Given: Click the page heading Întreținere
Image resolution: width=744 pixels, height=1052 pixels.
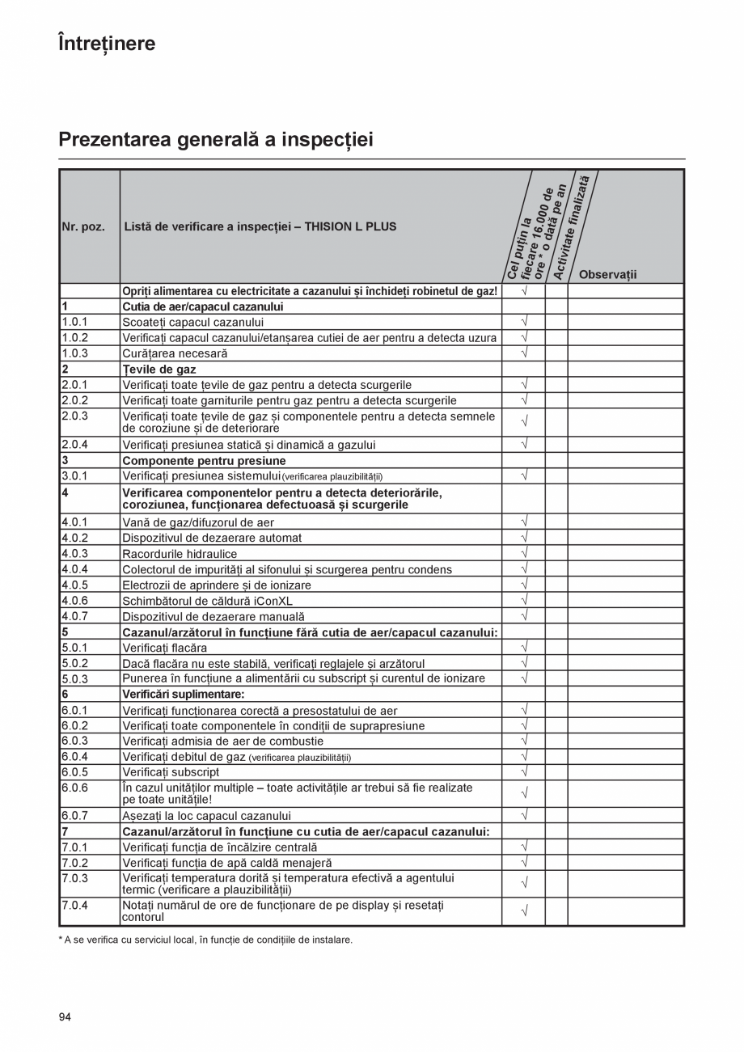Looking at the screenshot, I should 107,43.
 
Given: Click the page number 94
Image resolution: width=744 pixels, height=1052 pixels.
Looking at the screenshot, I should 65,1017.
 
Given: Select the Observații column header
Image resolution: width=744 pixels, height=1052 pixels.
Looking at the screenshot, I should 607,274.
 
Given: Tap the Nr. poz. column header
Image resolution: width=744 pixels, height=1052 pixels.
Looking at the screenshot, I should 83,226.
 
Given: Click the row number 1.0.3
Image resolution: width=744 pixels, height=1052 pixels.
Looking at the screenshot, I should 74,353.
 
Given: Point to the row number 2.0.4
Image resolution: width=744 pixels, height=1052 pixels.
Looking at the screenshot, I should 74,444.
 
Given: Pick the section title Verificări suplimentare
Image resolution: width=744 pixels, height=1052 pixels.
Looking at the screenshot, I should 183,694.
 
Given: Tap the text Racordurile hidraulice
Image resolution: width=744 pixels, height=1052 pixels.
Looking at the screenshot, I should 180,554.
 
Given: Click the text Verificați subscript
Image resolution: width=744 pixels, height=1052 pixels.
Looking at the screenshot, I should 171,771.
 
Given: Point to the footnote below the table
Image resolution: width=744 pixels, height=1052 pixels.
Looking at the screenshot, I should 205,940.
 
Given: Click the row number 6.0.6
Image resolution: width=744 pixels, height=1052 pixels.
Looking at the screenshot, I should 74,788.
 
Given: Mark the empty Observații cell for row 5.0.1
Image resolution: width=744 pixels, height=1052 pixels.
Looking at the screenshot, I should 625,648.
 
